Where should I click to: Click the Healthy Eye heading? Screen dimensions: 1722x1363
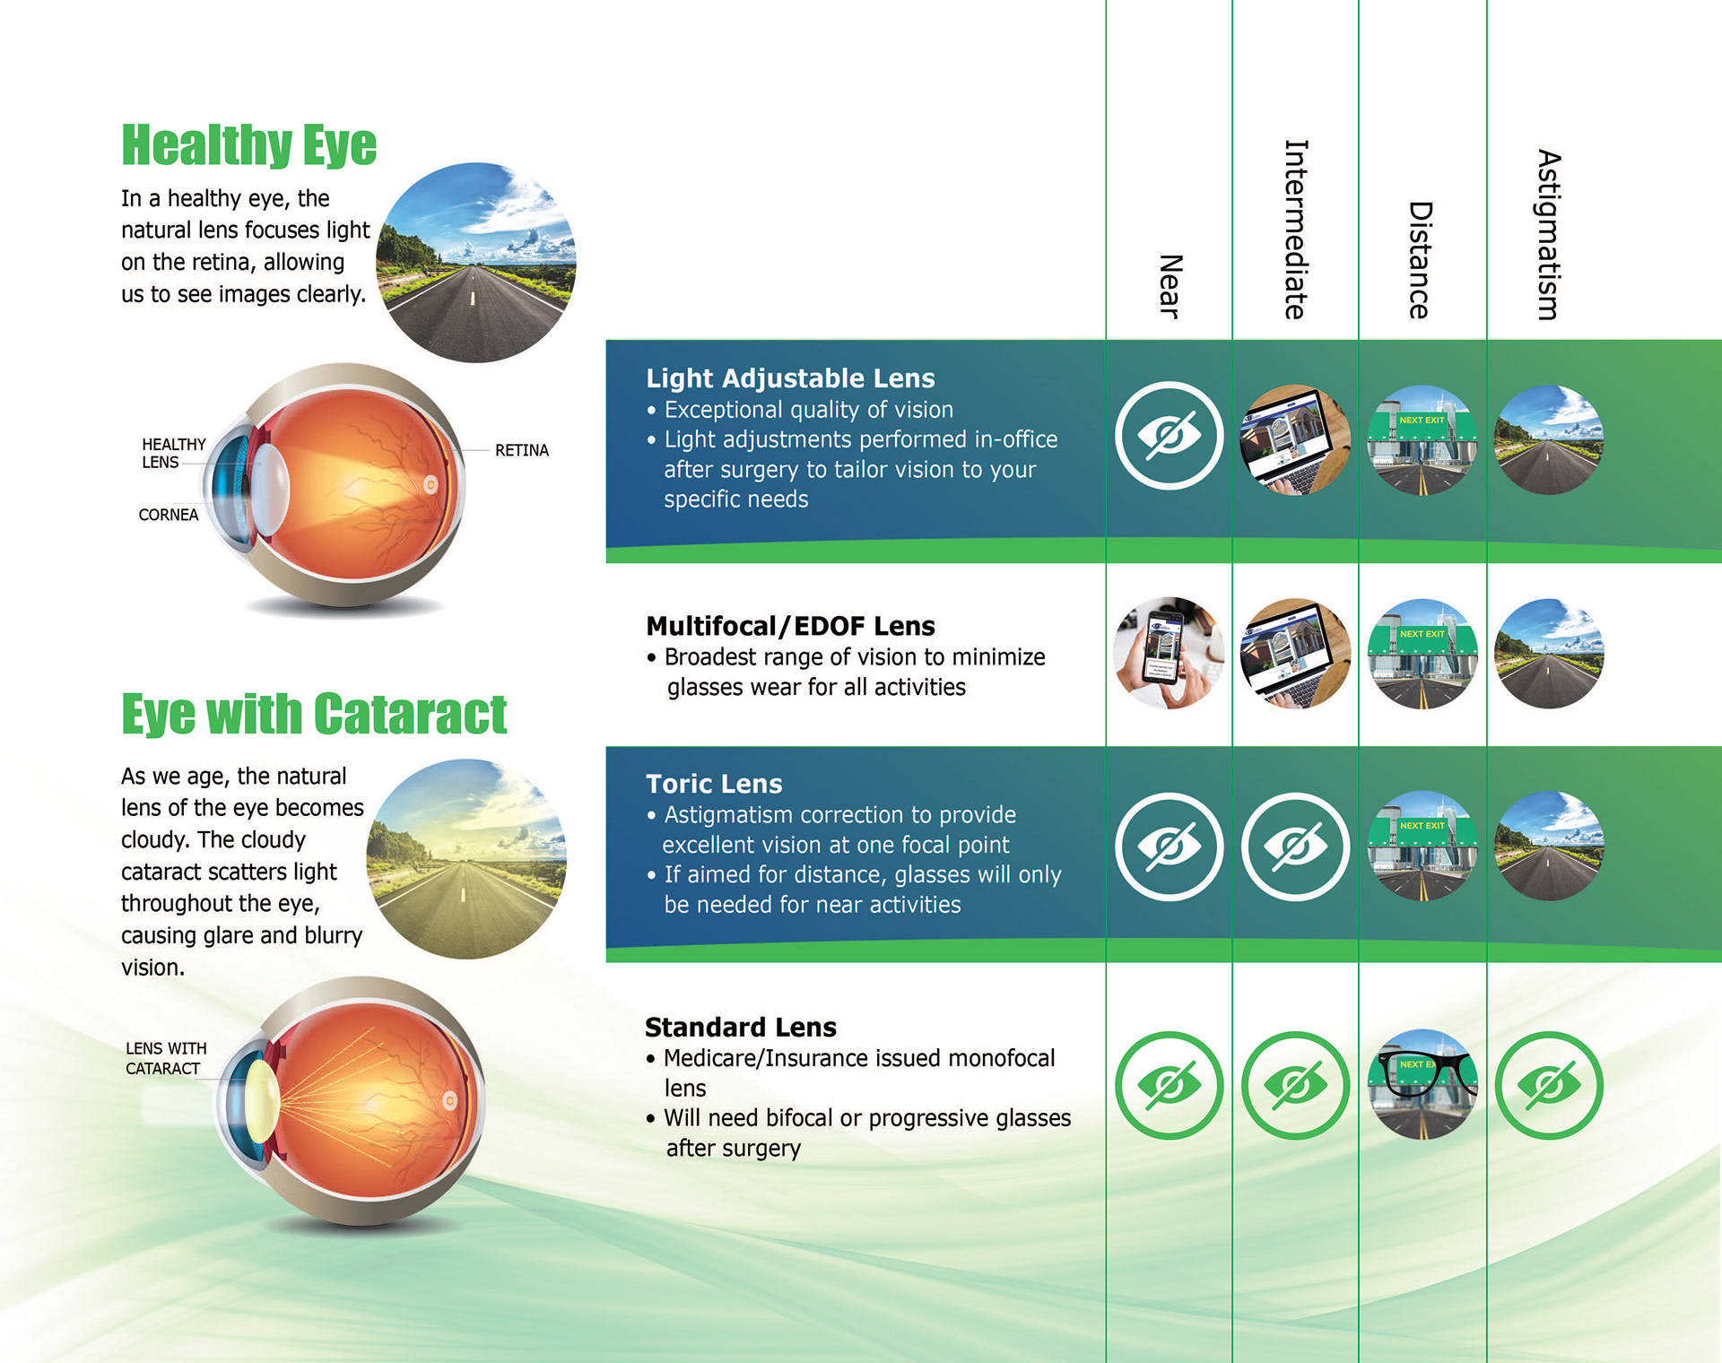click(x=248, y=144)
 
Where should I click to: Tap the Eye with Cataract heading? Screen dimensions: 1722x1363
click(x=314, y=714)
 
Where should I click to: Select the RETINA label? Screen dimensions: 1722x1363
click(x=521, y=450)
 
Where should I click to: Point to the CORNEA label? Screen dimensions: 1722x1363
click(x=168, y=515)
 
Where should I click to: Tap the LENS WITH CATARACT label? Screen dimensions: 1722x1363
click(x=166, y=1058)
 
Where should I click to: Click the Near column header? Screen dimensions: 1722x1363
click(x=1170, y=286)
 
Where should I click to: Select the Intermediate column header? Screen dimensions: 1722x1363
click(x=1295, y=230)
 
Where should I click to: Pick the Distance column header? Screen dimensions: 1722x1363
click(x=1420, y=260)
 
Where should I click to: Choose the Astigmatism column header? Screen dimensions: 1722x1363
click(x=1549, y=235)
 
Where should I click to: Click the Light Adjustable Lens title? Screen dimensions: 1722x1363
click(x=790, y=378)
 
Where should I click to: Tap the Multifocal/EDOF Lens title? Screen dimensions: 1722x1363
click(x=790, y=626)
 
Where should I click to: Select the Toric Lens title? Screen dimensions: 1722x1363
click(x=714, y=784)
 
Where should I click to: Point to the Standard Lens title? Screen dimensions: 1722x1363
click(x=740, y=1027)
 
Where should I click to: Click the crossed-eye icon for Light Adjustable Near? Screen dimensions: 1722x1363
click(x=1169, y=436)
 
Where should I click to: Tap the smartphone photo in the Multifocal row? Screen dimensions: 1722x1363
click(x=1169, y=653)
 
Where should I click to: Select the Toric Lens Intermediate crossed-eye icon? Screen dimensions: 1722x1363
click(x=1295, y=846)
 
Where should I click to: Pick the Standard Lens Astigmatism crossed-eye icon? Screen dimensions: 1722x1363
click(x=1549, y=1085)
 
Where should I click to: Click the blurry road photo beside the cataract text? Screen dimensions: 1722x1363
click(x=466, y=859)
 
